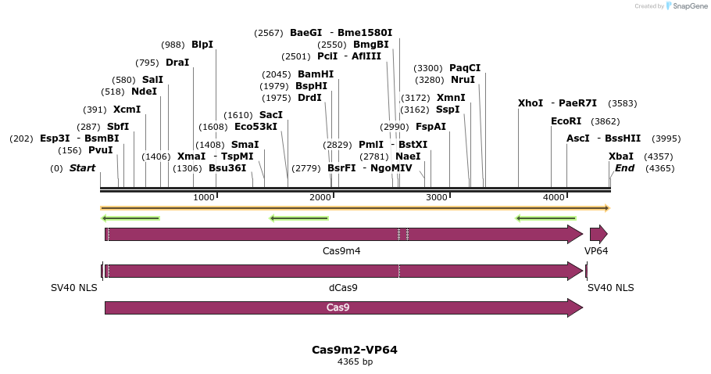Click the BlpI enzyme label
tap(202, 45)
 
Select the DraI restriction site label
tap(177, 63)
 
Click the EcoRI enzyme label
tap(566, 121)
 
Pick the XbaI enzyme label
tap(620, 156)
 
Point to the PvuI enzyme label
tap(101, 150)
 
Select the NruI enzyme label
tap(463, 80)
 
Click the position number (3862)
tap(606, 121)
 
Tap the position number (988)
tap(173, 45)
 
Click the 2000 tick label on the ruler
tap(320, 197)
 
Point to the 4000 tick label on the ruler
tap(554, 197)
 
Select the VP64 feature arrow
tap(598, 234)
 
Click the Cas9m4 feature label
tap(341, 251)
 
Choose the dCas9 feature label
tap(343, 288)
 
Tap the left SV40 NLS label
tap(74, 288)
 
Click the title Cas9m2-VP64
tap(355, 350)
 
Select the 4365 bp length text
tap(355, 362)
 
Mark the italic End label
tap(624, 168)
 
